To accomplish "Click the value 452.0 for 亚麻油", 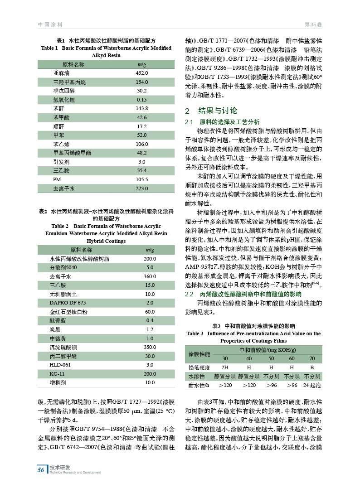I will pos(142,73).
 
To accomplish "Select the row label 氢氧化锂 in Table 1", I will pos(62,100).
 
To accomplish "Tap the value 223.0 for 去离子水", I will pos(142,188).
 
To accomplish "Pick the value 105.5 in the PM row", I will pos(142,179).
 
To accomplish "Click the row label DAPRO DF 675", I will pos(68,303).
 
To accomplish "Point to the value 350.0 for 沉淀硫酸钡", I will pos(150,347).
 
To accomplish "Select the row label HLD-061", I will pos(60,365).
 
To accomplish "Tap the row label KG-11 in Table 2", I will pos(57,374).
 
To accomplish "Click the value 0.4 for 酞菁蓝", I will pos(150,320).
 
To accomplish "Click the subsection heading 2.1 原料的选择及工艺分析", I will pos(222,122).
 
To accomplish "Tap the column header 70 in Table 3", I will pos(312,358).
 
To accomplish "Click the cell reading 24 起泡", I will pos(312,385).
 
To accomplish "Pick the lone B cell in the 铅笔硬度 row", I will pos(312,367).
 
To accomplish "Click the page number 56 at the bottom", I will pos(41,470).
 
